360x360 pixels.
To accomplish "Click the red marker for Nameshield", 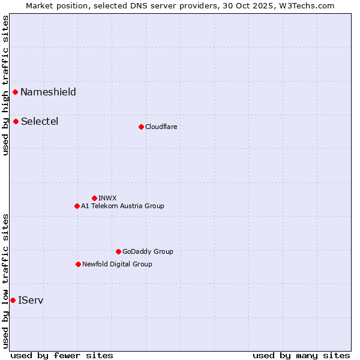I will (16, 92).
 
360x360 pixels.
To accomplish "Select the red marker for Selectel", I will (16, 121).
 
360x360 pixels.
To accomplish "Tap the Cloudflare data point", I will (141, 127).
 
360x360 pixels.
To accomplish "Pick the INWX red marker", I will (94, 198).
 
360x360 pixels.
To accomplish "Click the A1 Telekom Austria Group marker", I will (77, 206).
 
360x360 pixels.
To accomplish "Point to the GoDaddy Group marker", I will (118, 251).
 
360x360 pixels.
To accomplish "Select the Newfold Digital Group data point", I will (78, 264).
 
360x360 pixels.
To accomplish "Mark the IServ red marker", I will (13, 300).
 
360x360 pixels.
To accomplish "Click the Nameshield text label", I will (48, 92).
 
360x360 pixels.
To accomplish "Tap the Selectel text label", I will (40, 121).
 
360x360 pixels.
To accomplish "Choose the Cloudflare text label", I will (161, 127).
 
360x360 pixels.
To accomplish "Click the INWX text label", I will (107, 198).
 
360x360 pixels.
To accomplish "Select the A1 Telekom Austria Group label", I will (122, 206).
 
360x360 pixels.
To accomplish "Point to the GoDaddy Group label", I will (148, 251).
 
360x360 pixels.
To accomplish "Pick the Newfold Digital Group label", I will (117, 264).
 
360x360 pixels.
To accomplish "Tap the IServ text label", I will (31, 300).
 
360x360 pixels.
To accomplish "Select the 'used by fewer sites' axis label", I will (62, 355).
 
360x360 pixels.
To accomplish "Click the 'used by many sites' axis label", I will (301, 355).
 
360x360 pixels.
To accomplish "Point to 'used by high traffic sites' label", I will (5, 85).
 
